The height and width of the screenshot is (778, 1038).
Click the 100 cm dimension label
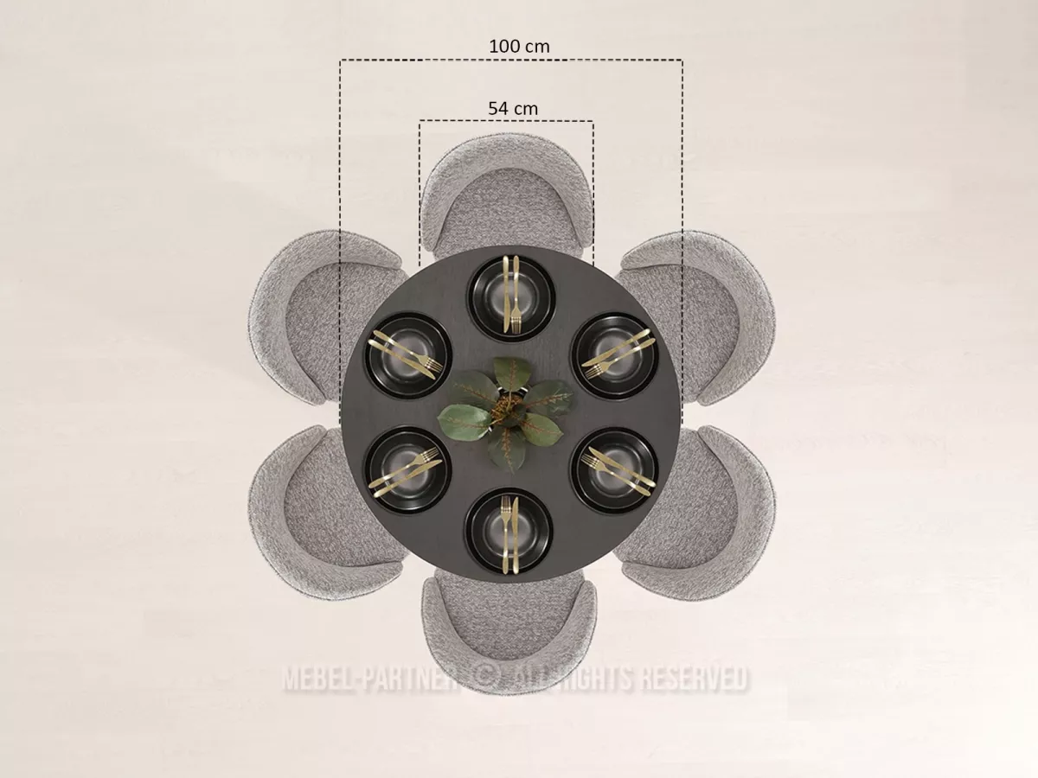(519, 47)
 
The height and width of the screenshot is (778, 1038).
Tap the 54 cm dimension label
(513, 109)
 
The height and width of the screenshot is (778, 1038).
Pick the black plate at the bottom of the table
(509, 532)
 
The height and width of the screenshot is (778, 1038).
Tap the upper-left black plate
(408, 355)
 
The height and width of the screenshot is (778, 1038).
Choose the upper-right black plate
(615, 356)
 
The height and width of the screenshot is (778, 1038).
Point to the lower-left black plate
(407, 470)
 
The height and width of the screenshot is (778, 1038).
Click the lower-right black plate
(615, 471)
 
